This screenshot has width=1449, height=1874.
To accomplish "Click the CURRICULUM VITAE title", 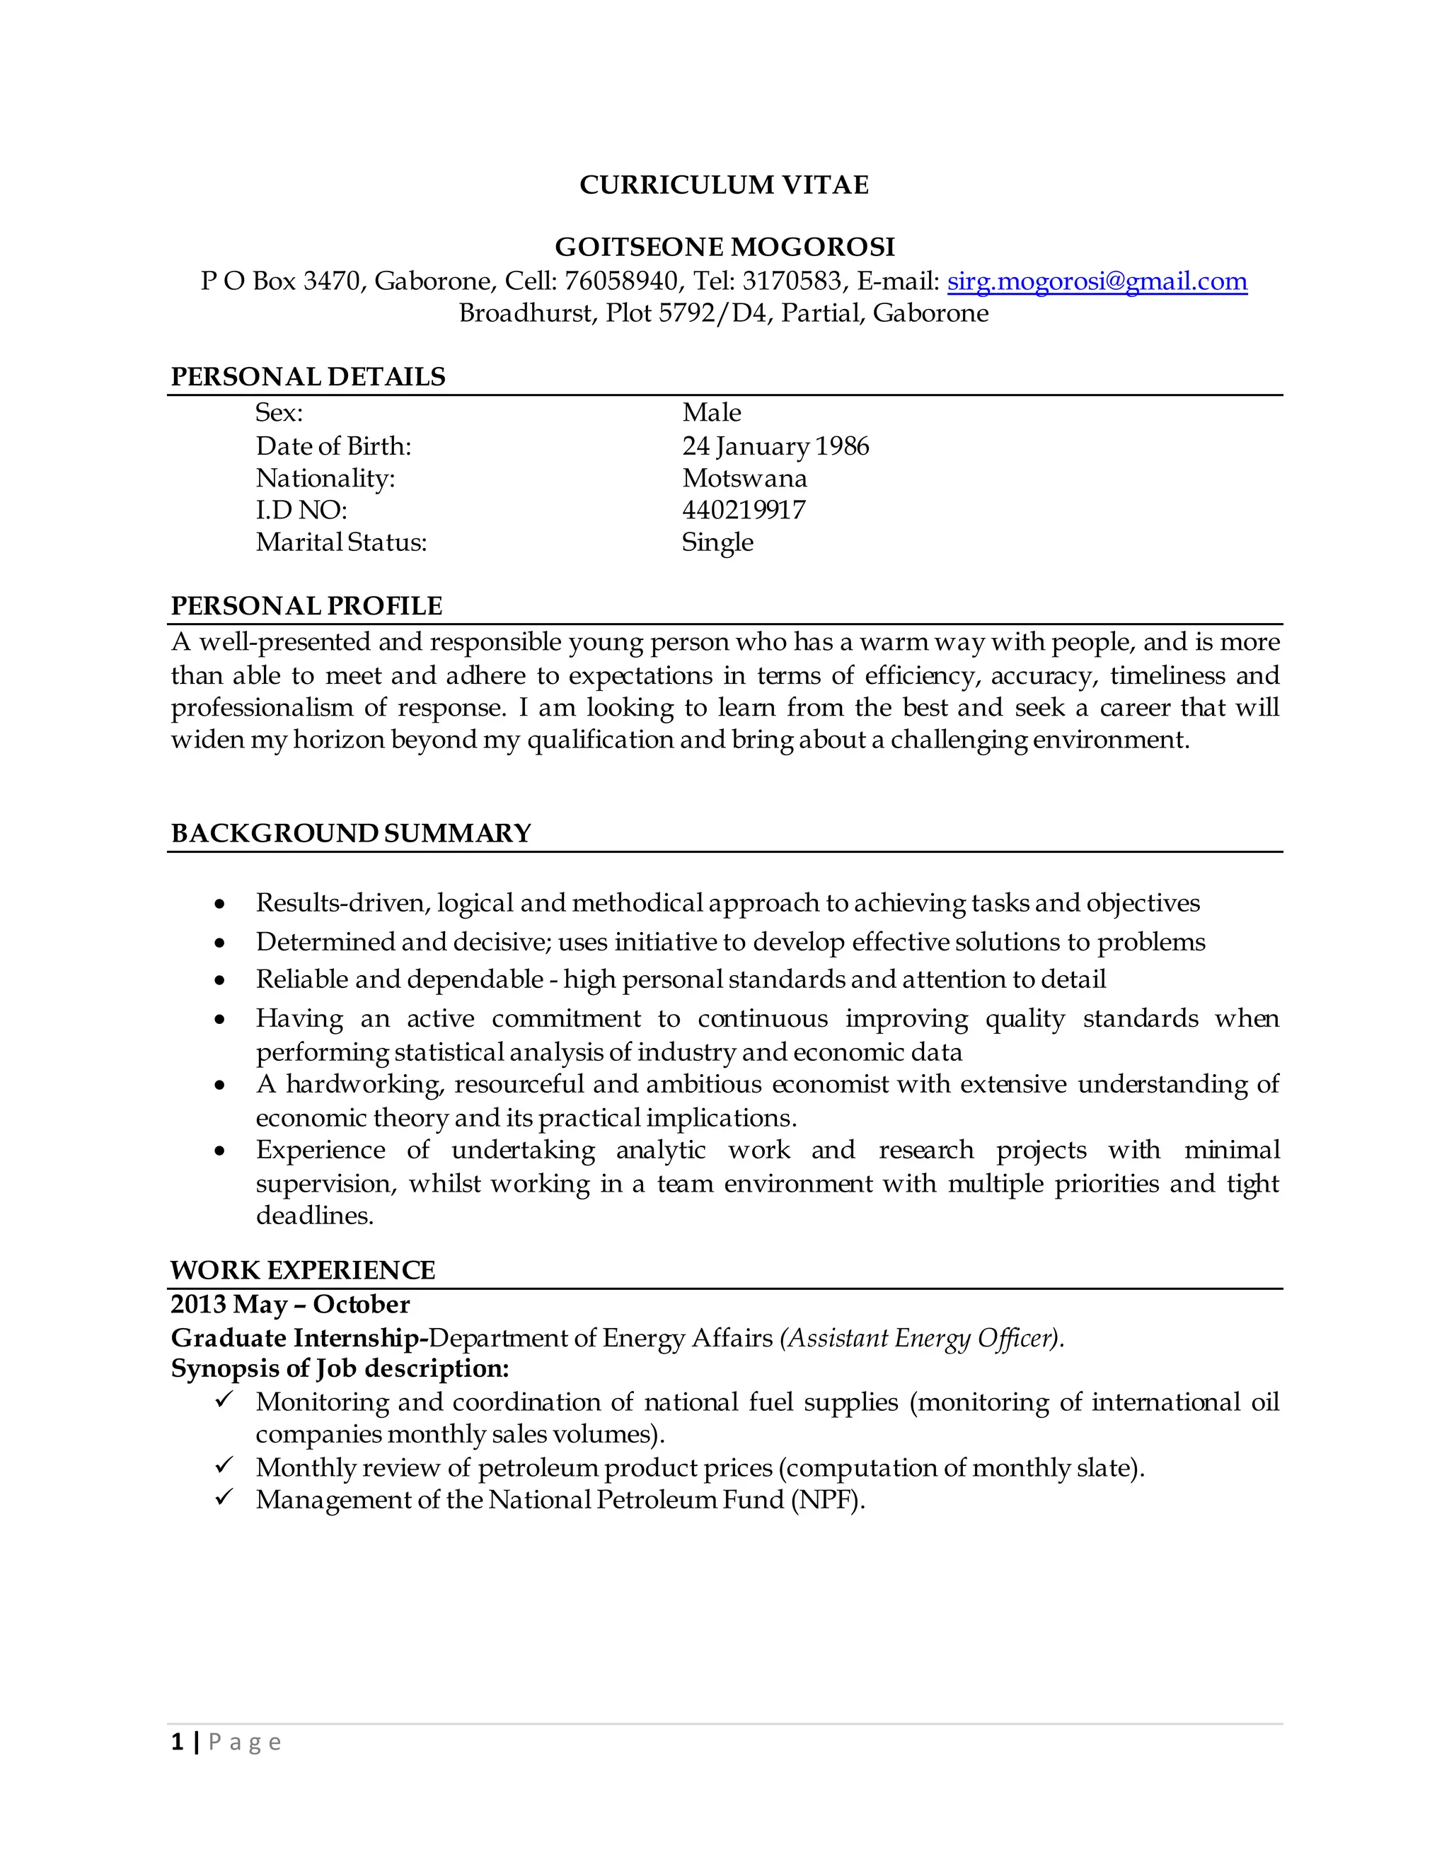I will [x=724, y=185].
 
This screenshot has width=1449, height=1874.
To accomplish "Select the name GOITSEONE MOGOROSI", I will [x=724, y=247].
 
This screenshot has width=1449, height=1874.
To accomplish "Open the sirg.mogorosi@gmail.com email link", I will [x=1096, y=281].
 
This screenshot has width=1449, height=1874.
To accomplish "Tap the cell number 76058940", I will [x=620, y=281].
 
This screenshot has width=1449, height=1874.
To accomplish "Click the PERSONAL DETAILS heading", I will [x=307, y=377].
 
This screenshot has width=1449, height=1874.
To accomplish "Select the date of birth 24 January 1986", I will [x=775, y=446].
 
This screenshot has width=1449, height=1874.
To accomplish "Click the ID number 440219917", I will [x=744, y=511].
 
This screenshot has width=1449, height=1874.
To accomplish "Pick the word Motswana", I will [x=744, y=479].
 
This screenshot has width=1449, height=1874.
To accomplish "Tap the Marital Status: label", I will [x=341, y=542].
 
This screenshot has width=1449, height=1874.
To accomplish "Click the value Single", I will [x=717, y=542].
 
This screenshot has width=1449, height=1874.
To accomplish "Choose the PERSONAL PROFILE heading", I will [x=306, y=606].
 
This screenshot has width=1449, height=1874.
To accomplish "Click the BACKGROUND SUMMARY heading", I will [x=350, y=833].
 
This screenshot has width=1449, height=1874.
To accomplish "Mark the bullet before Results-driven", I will [x=221, y=904].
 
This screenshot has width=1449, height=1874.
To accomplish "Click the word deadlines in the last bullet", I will [x=314, y=1216].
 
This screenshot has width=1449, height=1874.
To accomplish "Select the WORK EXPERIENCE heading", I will [x=302, y=1270].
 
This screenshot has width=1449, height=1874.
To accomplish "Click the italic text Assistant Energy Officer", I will [x=920, y=1339].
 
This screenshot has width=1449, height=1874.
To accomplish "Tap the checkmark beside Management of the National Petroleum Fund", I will [x=224, y=1497].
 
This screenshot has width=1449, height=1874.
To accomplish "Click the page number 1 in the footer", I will [x=177, y=1742].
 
